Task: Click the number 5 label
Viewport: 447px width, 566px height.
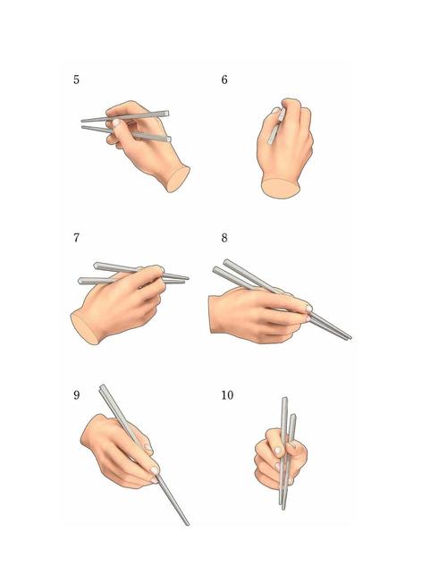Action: click(x=76, y=80)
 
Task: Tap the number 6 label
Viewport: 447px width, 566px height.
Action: click(x=224, y=80)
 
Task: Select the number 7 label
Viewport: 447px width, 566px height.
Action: click(x=76, y=238)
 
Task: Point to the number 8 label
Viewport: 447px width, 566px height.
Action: click(x=224, y=238)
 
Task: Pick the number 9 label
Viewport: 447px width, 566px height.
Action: click(x=76, y=394)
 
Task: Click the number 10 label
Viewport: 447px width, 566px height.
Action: click(x=227, y=394)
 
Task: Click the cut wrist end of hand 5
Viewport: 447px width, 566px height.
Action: click(x=178, y=180)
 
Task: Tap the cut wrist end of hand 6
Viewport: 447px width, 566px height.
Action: click(x=281, y=188)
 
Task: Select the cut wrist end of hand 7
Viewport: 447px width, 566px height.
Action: click(x=84, y=328)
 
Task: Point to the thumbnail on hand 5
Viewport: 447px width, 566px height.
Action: click(x=116, y=122)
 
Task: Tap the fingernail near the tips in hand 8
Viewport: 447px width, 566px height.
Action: click(x=308, y=308)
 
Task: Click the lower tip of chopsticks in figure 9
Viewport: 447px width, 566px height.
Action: click(x=187, y=523)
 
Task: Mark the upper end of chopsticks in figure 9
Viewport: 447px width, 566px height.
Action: click(x=102, y=387)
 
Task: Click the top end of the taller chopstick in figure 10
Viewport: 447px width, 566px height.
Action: click(x=284, y=399)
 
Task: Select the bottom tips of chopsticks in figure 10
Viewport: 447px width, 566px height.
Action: click(x=283, y=506)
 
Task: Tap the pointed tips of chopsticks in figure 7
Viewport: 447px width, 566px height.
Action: click(x=186, y=279)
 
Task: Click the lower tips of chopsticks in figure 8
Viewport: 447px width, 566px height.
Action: click(x=349, y=337)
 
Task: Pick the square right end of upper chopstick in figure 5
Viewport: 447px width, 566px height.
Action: click(x=166, y=114)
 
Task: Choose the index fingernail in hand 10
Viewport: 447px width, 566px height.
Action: click(x=278, y=451)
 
